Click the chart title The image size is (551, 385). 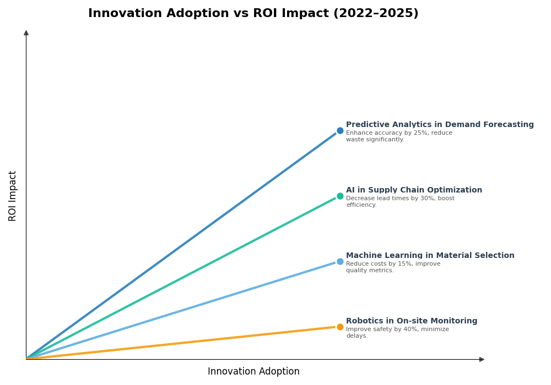coord(253,14)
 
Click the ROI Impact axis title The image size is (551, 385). coord(13,196)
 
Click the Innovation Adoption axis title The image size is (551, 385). coord(253,372)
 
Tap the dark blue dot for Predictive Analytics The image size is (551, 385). coord(340,131)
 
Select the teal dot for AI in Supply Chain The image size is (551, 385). coord(340,196)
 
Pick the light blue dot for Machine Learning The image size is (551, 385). coord(340,262)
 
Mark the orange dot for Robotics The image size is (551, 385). coord(340,327)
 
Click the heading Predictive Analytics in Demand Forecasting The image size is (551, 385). coord(440,125)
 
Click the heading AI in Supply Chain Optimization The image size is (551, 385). coord(414,190)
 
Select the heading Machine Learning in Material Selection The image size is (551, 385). coord(430,256)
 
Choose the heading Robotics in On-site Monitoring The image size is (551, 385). coord(412,321)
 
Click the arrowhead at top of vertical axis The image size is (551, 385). coord(26,33)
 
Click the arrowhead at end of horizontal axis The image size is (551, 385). coord(482,359)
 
